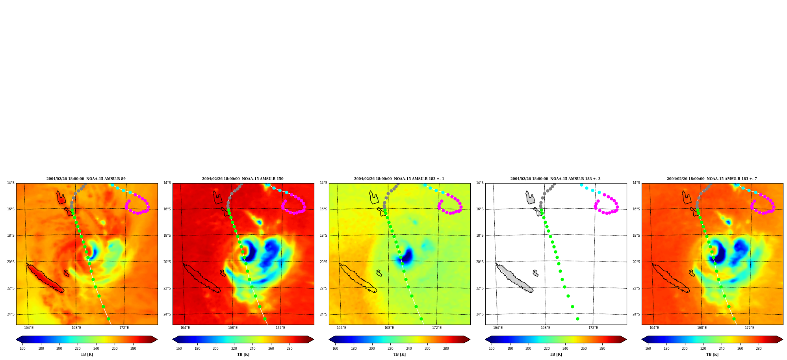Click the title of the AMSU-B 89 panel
click(x=86, y=179)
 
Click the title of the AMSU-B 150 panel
click(x=243, y=179)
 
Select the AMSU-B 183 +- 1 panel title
click(x=399, y=179)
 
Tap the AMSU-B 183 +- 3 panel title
click(x=555, y=179)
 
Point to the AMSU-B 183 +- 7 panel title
click(x=712, y=179)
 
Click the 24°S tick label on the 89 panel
click(x=11, y=314)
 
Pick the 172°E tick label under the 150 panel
click(x=280, y=328)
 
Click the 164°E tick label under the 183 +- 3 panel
click(x=498, y=328)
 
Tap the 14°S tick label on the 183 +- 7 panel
click(x=636, y=183)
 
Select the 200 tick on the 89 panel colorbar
click(x=59, y=349)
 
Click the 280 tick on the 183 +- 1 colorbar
click(x=446, y=349)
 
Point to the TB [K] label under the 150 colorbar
click(x=243, y=354)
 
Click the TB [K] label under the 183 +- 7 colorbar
click(x=712, y=354)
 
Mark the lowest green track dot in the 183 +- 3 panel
click(x=577, y=319)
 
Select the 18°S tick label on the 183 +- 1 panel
click(x=323, y=236)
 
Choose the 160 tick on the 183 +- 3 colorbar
click(x=492, y=349)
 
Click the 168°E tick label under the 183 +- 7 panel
click(x=702, y=328)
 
